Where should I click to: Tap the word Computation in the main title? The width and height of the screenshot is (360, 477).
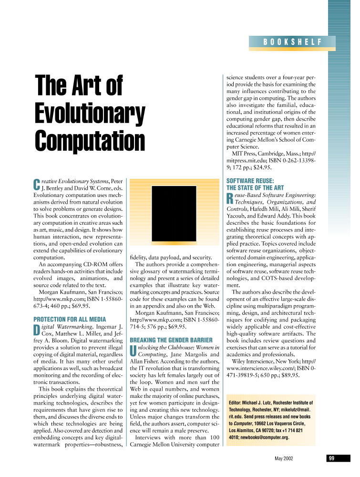coord(90,141)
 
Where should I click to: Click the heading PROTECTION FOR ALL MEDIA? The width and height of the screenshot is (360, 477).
coord(70,319)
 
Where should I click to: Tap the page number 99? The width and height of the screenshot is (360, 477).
coord(331,458)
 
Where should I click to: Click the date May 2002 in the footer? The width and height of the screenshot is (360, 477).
coord(284,458)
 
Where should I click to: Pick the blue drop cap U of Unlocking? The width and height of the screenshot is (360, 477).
coord(133,351)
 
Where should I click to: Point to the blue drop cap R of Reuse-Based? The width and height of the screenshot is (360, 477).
coord(230,198)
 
